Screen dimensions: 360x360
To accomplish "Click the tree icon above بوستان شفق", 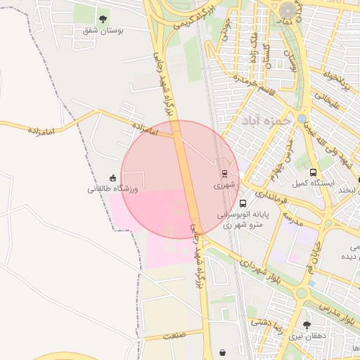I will point(103,20).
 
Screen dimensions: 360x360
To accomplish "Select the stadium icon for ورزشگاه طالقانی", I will point(112,179).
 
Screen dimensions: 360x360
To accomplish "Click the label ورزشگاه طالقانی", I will point(113,189).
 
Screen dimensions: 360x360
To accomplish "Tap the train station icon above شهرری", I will point(224,173).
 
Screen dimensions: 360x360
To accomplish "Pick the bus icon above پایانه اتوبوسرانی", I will point(243,204).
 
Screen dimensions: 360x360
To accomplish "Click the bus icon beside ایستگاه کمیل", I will point(313,172).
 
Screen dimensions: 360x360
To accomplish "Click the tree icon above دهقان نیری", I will point(307,326).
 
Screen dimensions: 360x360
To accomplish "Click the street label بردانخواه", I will point(335,81).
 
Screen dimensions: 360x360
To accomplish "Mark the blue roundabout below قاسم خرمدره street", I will point(301,119).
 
